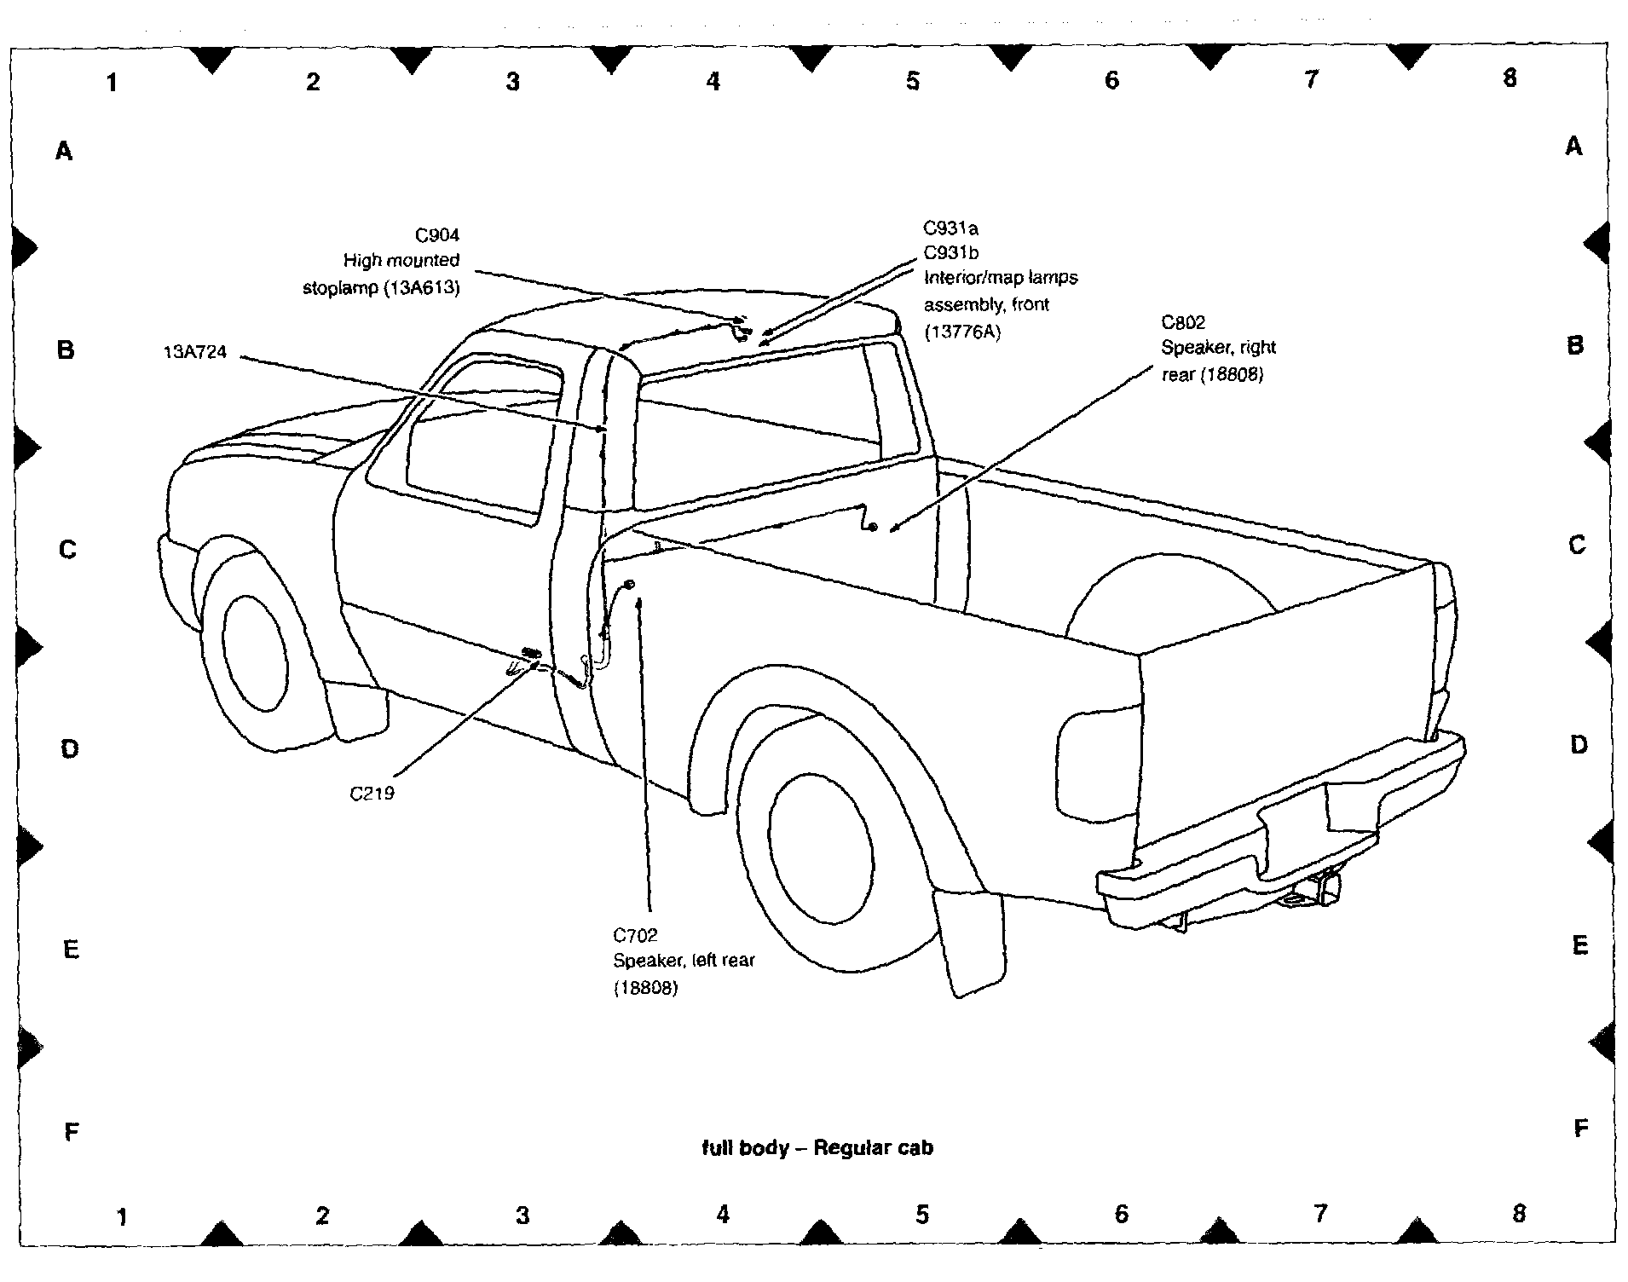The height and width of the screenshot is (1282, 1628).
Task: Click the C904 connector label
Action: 437,235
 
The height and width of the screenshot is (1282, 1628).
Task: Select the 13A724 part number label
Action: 195,352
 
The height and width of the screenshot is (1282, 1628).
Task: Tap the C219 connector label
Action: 372,794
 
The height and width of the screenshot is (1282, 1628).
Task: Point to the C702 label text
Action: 636,935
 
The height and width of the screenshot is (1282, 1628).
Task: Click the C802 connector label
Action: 1184,322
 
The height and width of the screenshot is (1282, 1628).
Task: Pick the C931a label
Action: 951,228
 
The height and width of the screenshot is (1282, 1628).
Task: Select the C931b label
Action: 951,253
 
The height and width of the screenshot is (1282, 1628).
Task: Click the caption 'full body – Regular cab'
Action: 817,1147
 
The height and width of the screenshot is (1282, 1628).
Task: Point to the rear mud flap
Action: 969,942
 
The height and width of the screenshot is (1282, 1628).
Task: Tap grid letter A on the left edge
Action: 64,152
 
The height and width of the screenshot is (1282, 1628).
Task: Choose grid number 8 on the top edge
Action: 1510,78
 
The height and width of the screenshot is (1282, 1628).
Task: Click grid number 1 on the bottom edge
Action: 123,1216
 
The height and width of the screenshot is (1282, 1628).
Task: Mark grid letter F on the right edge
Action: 1581,1129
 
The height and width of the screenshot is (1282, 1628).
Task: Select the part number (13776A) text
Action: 962,332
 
